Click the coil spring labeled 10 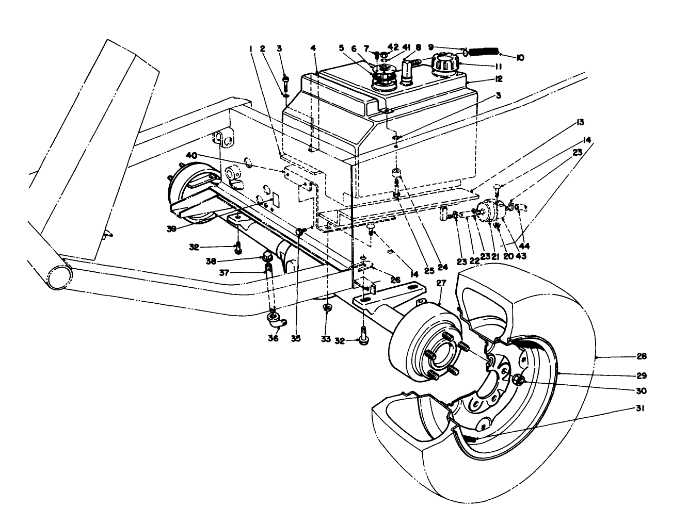pyautogui.click(x=484, y=52)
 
